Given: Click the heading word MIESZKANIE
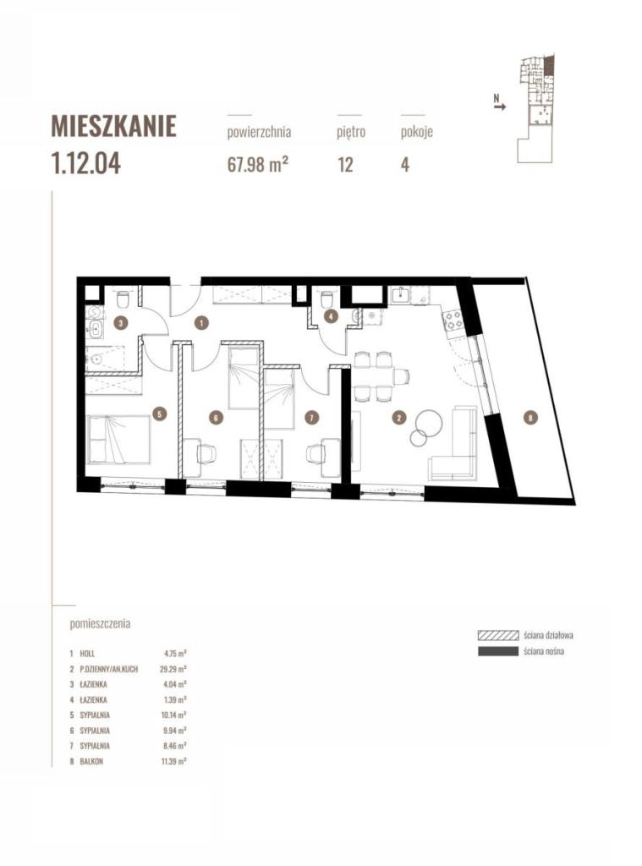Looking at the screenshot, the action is click(x=113, y=126).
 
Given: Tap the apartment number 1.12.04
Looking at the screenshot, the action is click(x=85, y=163).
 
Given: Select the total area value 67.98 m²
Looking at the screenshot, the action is click(x=258, y=164).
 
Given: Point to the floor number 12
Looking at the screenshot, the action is click(x=345, y=165).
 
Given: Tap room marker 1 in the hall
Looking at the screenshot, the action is click(x=201, y=322).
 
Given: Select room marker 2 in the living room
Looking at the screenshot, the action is click(x=398, y=418).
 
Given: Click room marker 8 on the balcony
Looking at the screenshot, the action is click(x=530, y=418).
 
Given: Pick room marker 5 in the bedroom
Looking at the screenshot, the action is click(x=160, y=413).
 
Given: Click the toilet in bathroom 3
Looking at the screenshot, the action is click(x=123, y=299).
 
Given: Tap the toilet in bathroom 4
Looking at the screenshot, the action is click(x=326, y=299).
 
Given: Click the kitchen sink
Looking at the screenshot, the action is click(x=399, y=295).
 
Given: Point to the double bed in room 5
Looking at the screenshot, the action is click(x=118, y=440).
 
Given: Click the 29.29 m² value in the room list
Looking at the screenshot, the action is click(x=175, y=669).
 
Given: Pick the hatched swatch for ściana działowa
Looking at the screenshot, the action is click(x=498, y=635).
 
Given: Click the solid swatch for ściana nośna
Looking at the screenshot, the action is click(x=498, y=651).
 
